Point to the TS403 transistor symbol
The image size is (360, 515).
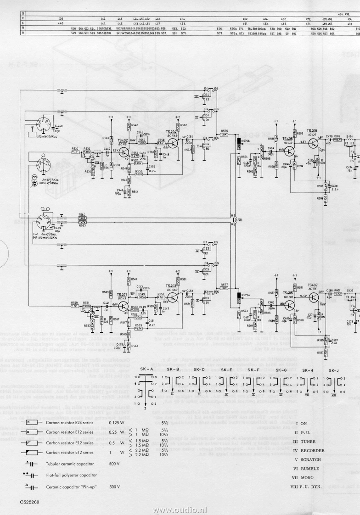(173, 297)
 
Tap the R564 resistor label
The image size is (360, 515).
(82, 215)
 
